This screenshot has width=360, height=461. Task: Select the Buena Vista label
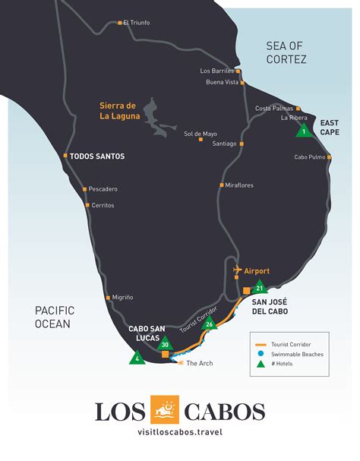point(223,82)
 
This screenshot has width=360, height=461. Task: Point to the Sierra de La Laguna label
point(118,111)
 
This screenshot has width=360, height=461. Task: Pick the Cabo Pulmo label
point(310,157)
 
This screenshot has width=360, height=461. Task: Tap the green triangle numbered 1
point(304,131)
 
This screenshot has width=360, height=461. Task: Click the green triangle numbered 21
point(260,288)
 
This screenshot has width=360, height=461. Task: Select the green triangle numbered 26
point(210,324)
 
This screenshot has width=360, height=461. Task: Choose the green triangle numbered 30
point(165,344)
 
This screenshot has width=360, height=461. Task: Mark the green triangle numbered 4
point(137,357)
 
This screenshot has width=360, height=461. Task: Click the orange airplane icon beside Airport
point(237,270)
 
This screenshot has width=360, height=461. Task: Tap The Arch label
point(199,363)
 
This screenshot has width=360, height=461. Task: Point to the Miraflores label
point(239,185)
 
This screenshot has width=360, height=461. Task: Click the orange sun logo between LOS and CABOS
point(165,411)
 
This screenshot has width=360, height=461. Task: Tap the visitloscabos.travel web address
point(180,433)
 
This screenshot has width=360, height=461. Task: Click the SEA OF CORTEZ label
point(286,52)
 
